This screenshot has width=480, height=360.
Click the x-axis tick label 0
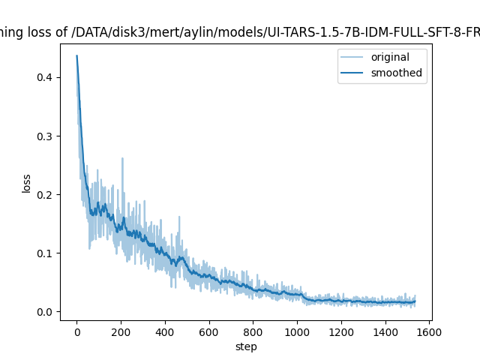coord(76,332)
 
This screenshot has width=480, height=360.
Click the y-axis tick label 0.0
coord(46,312)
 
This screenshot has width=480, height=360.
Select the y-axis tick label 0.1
coord(46,253)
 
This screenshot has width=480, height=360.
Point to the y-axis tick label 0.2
coord(46,195)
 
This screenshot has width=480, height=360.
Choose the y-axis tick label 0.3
coord(46,136)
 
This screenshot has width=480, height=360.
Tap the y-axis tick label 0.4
coord(46,78)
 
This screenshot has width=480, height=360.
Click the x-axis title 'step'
coord(245,346)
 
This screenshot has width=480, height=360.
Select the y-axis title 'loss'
coord(27,184)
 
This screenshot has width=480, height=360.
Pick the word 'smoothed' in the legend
coord(396,73)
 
